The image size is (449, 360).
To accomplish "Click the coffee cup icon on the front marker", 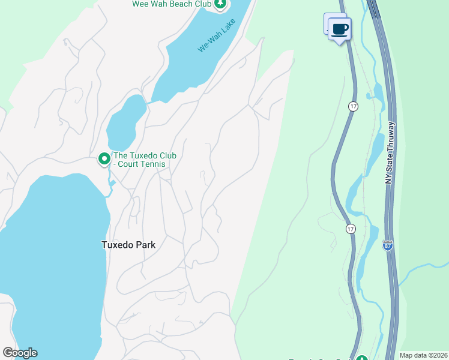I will (x=340, y=29).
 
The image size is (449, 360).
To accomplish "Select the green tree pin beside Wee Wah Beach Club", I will (x=221, y=5).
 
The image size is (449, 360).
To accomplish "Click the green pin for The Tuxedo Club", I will (x=104, y=159).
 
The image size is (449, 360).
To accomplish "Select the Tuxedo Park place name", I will (x=128, y=245).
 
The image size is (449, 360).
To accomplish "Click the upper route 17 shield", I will (x=352, y=106).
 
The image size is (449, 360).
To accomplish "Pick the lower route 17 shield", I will (x=351, y=229).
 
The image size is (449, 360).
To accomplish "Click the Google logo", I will (x=20, y=353).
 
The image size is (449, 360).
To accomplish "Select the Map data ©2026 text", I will (x=423, y=355).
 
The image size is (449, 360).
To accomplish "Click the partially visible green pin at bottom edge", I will (x=361, y=358).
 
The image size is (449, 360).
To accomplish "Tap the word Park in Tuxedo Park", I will (x=146, y=245).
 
